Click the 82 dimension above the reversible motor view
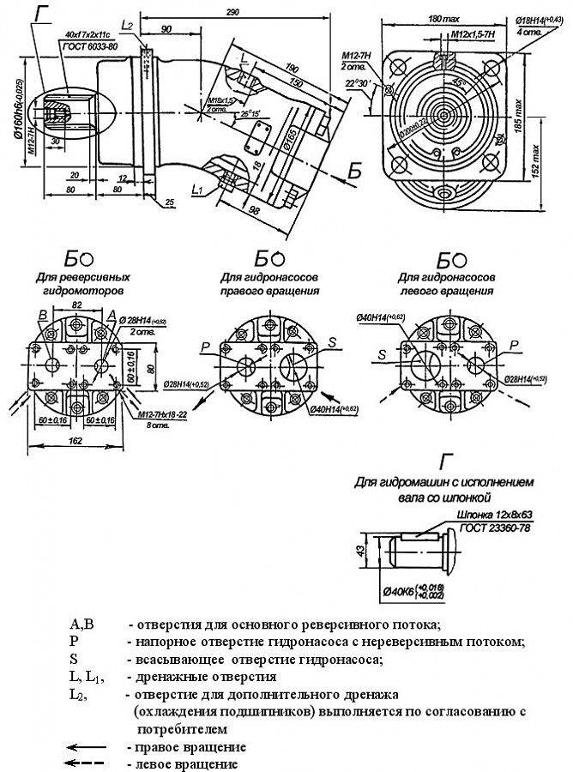tap(75, 305)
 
